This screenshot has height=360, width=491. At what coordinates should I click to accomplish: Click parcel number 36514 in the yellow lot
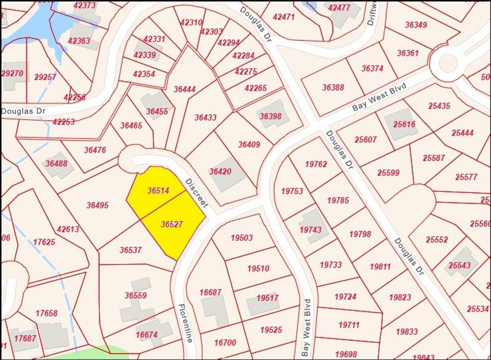[x=158, y=190]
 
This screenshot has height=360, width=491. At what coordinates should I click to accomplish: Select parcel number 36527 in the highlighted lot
[x=172, y=224]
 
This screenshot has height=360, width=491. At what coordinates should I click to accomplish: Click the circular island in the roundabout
[x=448, y=63]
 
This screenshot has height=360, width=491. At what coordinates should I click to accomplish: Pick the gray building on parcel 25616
[x=401, y=124]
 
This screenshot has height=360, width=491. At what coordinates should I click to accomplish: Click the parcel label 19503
[x=242, y=237]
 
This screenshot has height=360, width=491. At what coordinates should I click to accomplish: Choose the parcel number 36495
[x=97, y=205]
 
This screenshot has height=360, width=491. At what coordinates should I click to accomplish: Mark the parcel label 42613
[x=68, y=229]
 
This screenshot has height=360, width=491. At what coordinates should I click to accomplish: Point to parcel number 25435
[x=439, y=106]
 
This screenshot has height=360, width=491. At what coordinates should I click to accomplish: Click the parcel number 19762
[x=316, y=164]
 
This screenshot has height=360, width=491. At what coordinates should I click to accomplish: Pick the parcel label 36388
[x=333, y=87]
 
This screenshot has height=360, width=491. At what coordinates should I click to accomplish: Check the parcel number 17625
[x=44, y=242]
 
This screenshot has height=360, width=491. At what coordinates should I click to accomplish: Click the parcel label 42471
[x=283, y=16]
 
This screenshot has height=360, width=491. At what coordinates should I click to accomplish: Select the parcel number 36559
[x=136, y=295]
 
